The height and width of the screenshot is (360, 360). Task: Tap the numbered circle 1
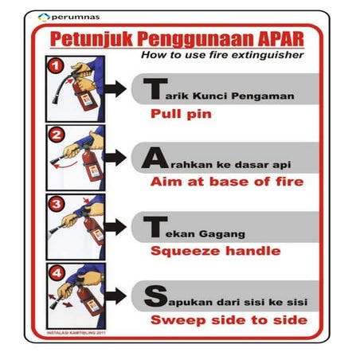tap(55, 66)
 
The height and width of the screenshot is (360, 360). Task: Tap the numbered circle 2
tap(55, 134)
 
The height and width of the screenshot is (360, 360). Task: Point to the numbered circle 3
tap(55, 202)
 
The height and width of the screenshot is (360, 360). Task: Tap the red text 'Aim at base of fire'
tap(226, 182)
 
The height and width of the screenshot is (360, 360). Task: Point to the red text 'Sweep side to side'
tap(229, 320)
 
